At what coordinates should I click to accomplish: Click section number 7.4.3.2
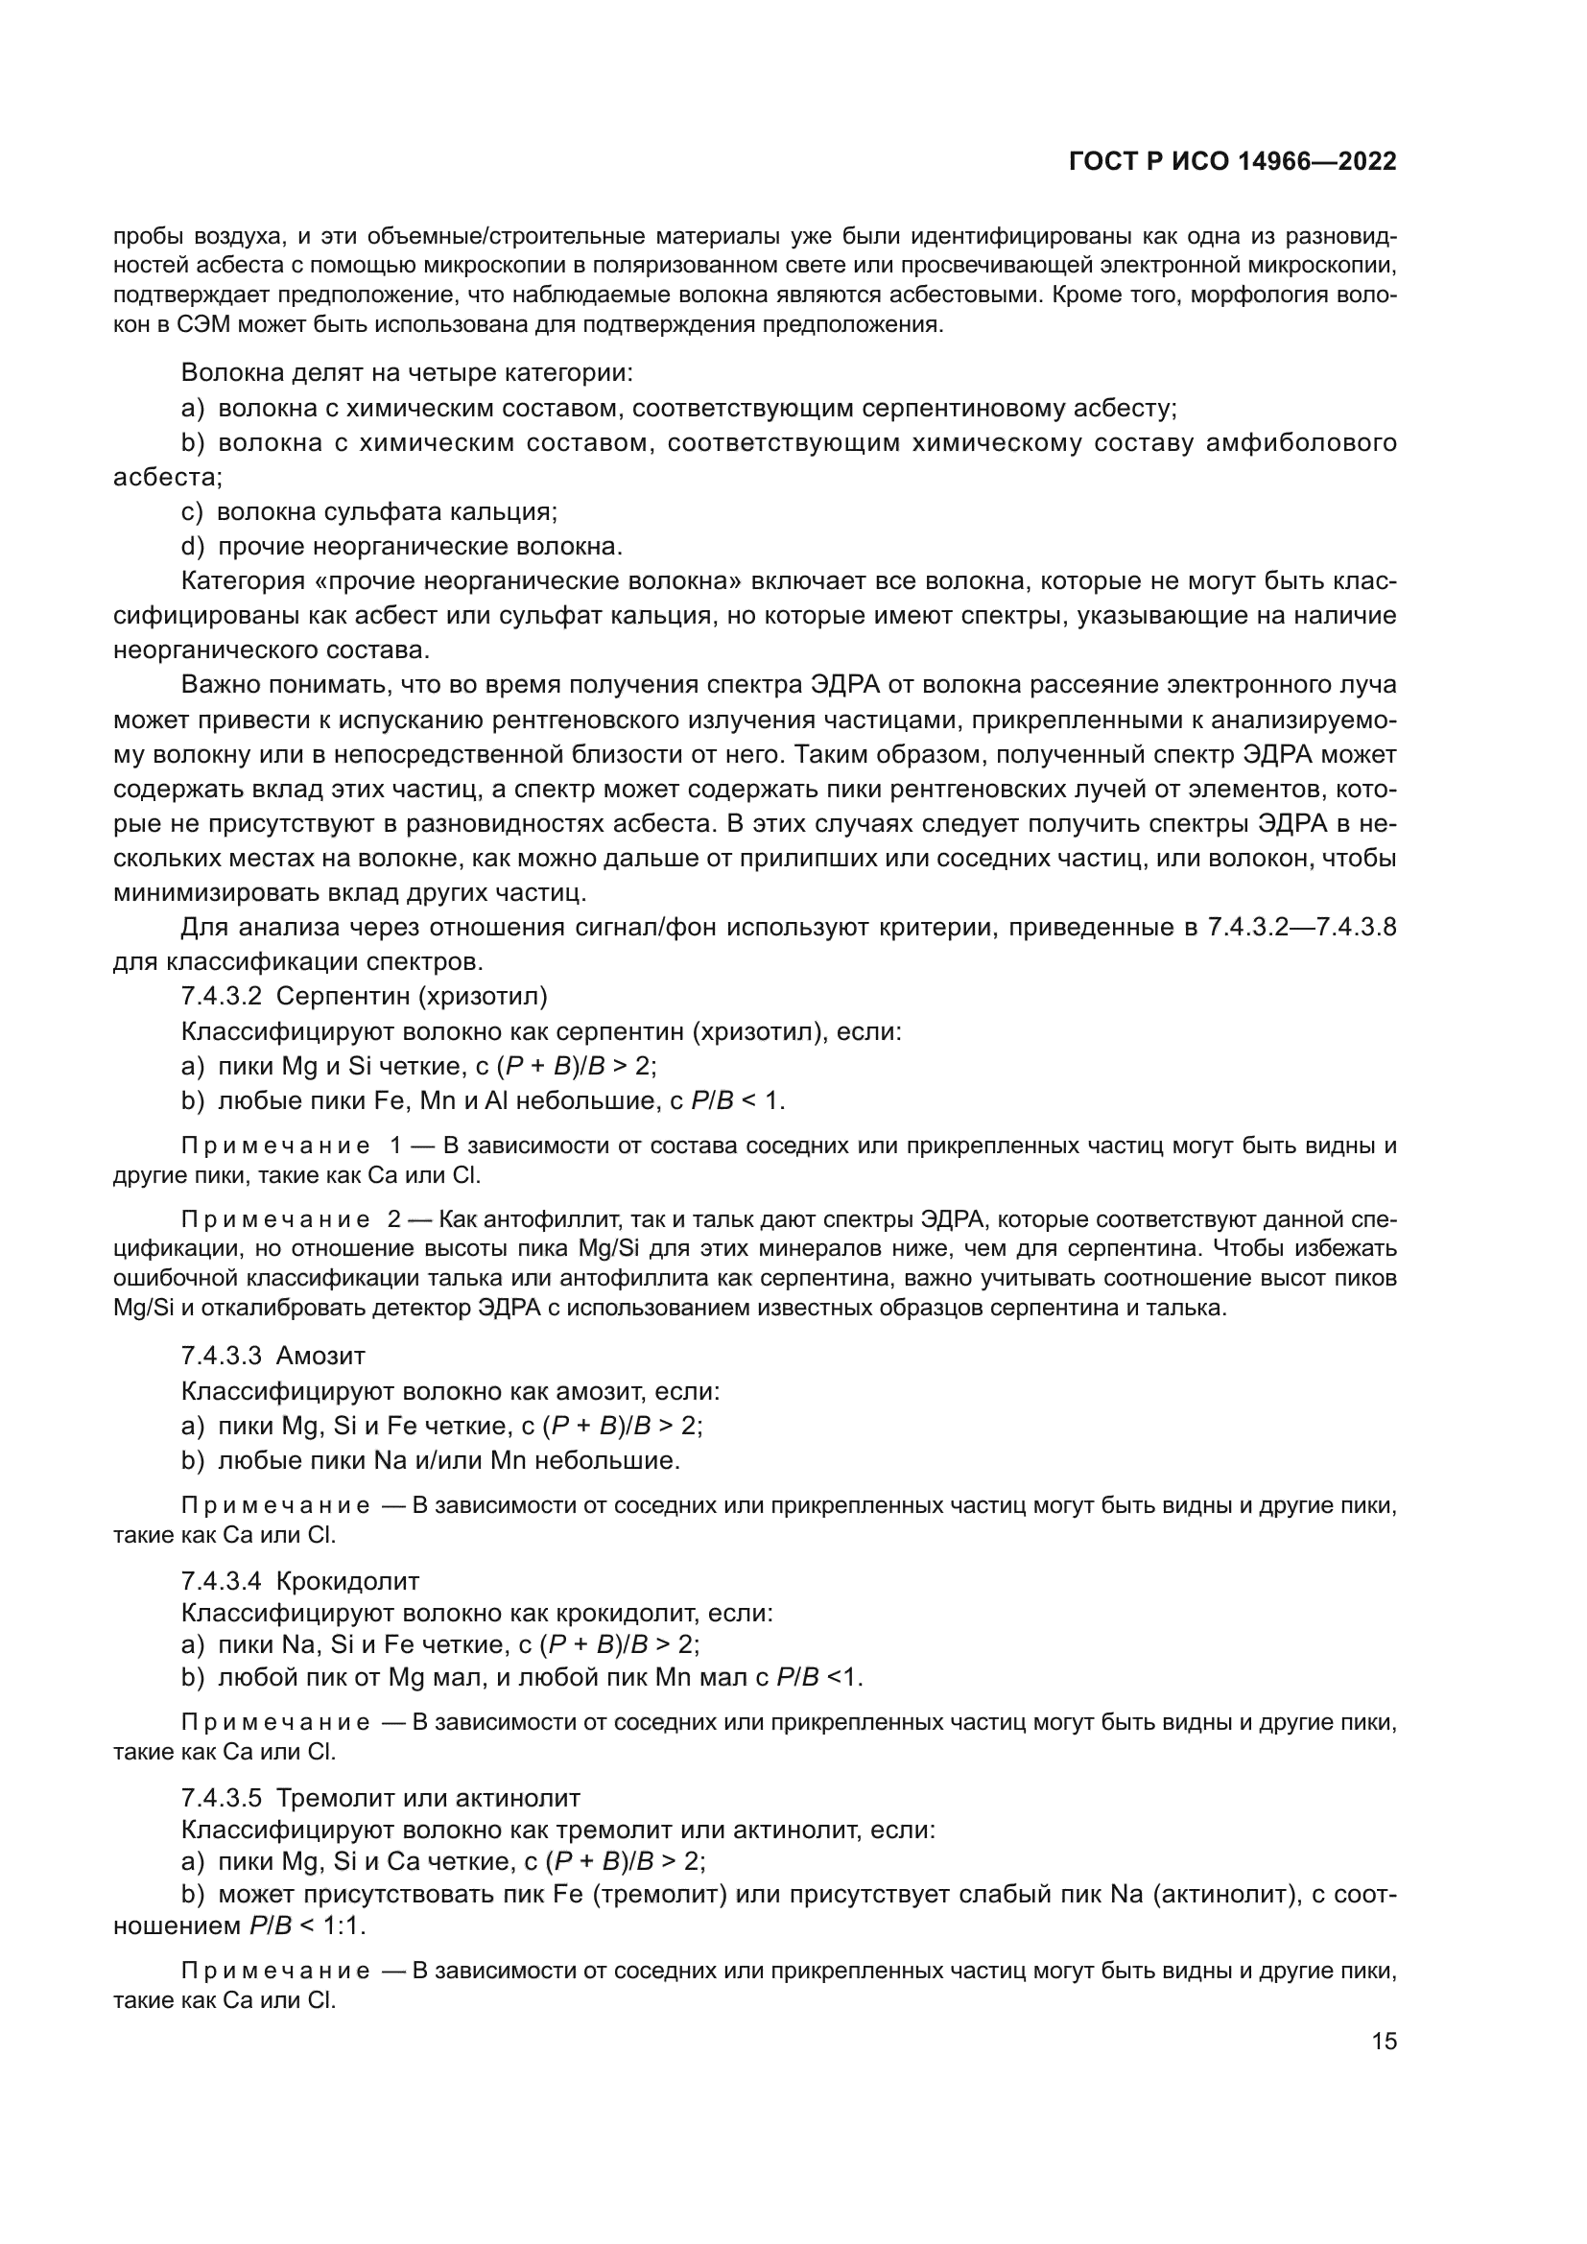point(221,997)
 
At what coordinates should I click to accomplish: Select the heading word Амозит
point(320,1356)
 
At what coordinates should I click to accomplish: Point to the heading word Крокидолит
point(348,1580)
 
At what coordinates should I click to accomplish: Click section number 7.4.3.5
point(221,1798)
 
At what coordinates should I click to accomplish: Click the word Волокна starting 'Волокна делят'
point(225,372)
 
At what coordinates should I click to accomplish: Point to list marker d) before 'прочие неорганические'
point(194,546)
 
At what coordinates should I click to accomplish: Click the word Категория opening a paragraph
point(243,581)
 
